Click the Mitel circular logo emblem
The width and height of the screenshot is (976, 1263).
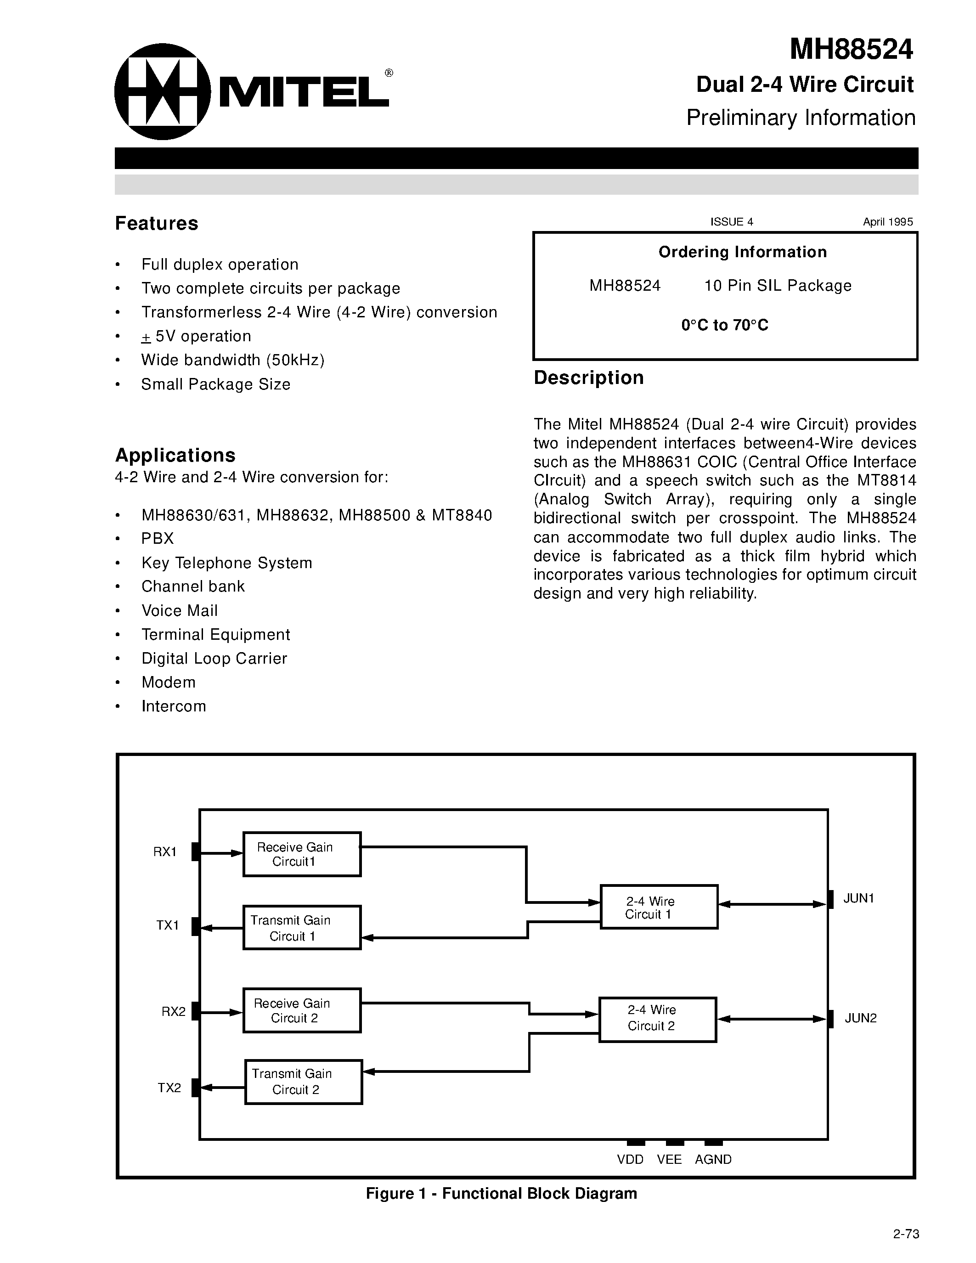point(163,91)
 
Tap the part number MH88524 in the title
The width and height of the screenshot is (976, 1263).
point(851,49)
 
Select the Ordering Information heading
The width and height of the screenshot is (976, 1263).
point(742,252)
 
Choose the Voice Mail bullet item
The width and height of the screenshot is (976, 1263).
point(179,611)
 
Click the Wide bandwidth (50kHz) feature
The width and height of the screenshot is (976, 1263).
point(232,360)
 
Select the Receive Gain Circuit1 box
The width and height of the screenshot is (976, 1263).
point(302,854)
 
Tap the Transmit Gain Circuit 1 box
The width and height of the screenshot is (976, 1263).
point(302,928)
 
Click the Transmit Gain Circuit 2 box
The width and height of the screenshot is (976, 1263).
point(304,1082)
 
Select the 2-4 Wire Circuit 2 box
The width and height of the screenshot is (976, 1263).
point(657,1020)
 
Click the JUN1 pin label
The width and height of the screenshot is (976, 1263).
point(858,898)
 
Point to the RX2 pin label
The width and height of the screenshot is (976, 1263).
point(174,1011)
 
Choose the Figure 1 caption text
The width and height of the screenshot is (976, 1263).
point(501,1194)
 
